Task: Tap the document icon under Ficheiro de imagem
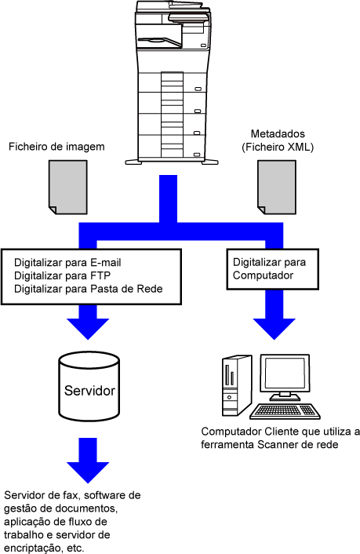coord(67,188)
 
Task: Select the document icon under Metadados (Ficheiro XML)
coord(277,188)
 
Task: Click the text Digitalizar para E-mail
coord(67,263)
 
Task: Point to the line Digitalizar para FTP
coord(62,275)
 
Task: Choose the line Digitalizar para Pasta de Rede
coord(89,289)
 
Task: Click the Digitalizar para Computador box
coord(273,269)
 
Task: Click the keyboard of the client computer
coord(285,411)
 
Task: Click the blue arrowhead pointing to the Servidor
coord(88,329)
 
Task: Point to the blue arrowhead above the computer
coord(275,329)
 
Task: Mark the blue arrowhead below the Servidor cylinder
coord(88,472)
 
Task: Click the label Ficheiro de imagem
coord(56,147)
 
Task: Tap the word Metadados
coord(278,134)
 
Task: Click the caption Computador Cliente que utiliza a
coord(281,432)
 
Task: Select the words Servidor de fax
coord(41,495)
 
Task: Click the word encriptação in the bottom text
coord(32,548)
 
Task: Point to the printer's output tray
coord(160,42)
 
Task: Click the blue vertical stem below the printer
coord(168,199)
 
